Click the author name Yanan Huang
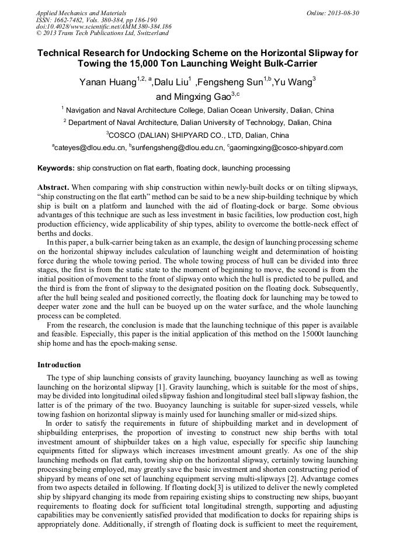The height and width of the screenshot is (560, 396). coord(107,82)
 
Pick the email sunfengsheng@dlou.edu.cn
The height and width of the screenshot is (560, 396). coord(178,148)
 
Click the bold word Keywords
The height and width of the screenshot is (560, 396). coord(56,168)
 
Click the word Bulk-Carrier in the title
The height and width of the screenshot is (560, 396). coord(282,64)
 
